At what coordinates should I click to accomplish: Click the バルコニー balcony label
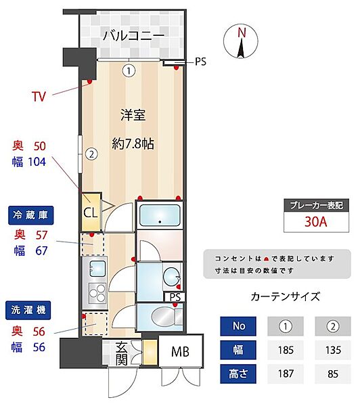[133, 36]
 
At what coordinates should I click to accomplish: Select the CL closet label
[90, 210]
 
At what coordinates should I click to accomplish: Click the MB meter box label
[180, 352]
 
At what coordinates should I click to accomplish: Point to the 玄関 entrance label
[121, 353]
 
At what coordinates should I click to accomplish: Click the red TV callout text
[39, 96]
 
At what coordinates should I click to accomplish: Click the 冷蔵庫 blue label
[31, 215]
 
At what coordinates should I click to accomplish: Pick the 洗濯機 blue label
[31, 311]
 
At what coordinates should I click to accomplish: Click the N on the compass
[242, 32]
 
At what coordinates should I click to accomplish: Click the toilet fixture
[159, 316]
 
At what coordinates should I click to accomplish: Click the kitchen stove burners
[95, 295]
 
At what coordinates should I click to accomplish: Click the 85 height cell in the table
[332, 374]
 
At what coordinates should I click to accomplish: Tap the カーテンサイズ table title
[285, 296]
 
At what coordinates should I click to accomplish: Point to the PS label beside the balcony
[200, 62]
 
